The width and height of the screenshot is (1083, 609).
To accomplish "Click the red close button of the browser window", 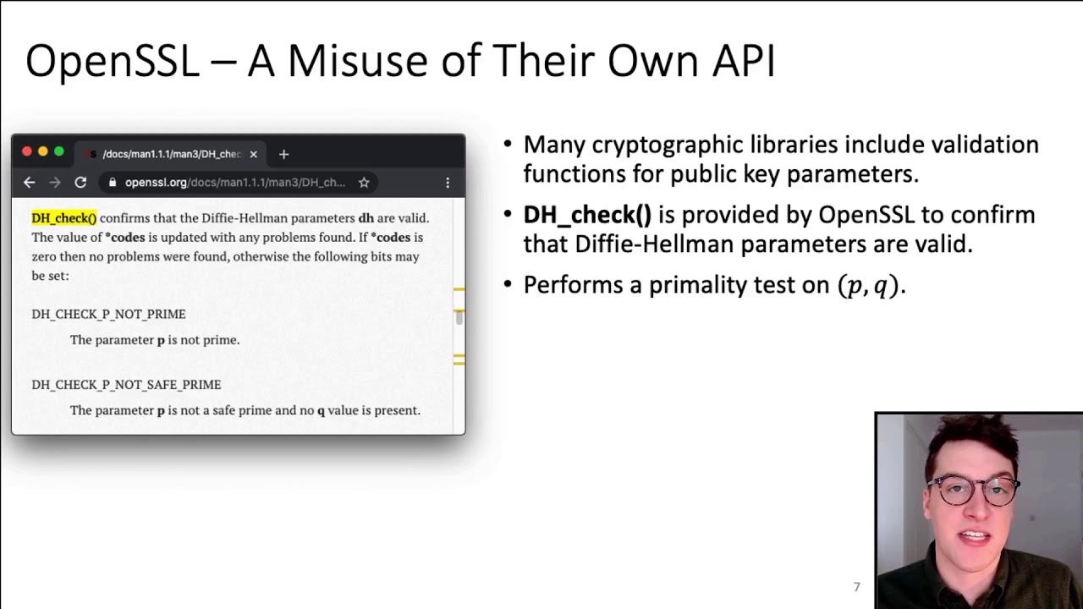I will [x=27, y=152].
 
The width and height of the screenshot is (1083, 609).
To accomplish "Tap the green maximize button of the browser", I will [x=58, y=152].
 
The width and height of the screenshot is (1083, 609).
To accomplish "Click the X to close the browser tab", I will [x=253, y=154].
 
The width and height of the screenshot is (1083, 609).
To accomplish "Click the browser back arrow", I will [x=30, y=182].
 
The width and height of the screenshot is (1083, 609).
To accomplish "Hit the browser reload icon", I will [x=80, y=182].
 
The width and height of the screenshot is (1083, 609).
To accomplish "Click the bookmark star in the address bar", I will [x=364, y=182].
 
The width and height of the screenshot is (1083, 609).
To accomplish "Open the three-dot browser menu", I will [x=448, y=182].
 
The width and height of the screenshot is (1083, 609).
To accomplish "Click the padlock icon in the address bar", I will [x=113, y=183].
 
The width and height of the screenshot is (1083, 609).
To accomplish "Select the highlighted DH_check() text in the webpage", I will [x=64, y=218].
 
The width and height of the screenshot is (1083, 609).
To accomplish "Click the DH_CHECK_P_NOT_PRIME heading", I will [x=108, y=314].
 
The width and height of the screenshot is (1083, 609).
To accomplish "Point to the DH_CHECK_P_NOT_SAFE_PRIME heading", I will [x=126, y=384].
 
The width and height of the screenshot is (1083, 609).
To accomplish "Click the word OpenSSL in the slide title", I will [x=112, y=62].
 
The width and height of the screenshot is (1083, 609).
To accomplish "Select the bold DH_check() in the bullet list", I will [x=587, y=215].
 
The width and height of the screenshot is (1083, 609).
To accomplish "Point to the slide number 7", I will [x=856, y=587].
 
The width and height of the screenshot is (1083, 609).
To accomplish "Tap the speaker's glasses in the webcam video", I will [x=973, y=490].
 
